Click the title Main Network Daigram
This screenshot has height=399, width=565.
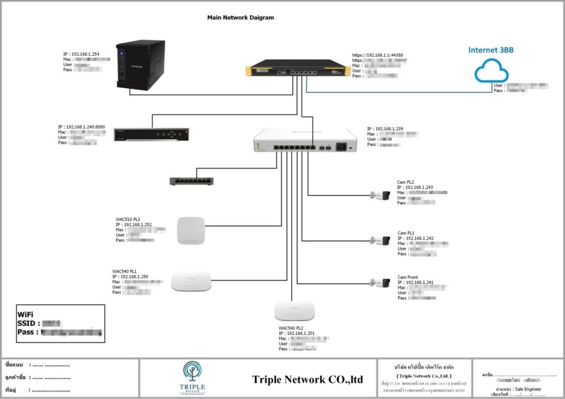click(x=240, y=18)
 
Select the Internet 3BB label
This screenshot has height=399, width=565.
click(x=491, y=50)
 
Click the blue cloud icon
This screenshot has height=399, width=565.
click(x=491, y=71)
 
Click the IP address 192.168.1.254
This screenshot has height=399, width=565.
click(x=85, y=54)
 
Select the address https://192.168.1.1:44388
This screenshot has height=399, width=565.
click(x=380, y=56)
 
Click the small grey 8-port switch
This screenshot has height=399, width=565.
click(x=191, y=180)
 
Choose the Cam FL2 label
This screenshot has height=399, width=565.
click(x=406, y=182)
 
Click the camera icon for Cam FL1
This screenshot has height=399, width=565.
click(x=380, y=240)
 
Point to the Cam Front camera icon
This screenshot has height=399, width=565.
click(x=380, y=283)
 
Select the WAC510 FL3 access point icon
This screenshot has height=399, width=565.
click(x=190, y=231)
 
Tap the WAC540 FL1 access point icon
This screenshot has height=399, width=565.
click(x=191, y=281)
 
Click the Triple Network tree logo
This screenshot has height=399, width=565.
click(x=193, y=374)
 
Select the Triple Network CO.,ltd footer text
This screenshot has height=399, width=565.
click(x=308, y=380)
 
